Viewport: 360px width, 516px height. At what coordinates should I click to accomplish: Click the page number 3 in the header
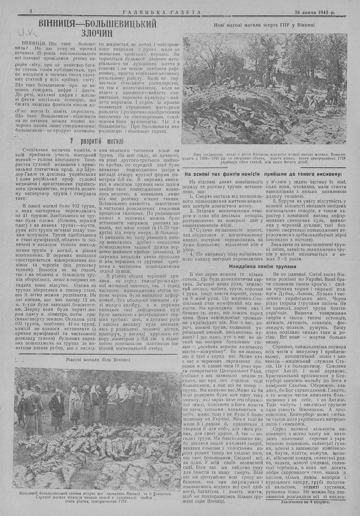click(31, 12)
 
